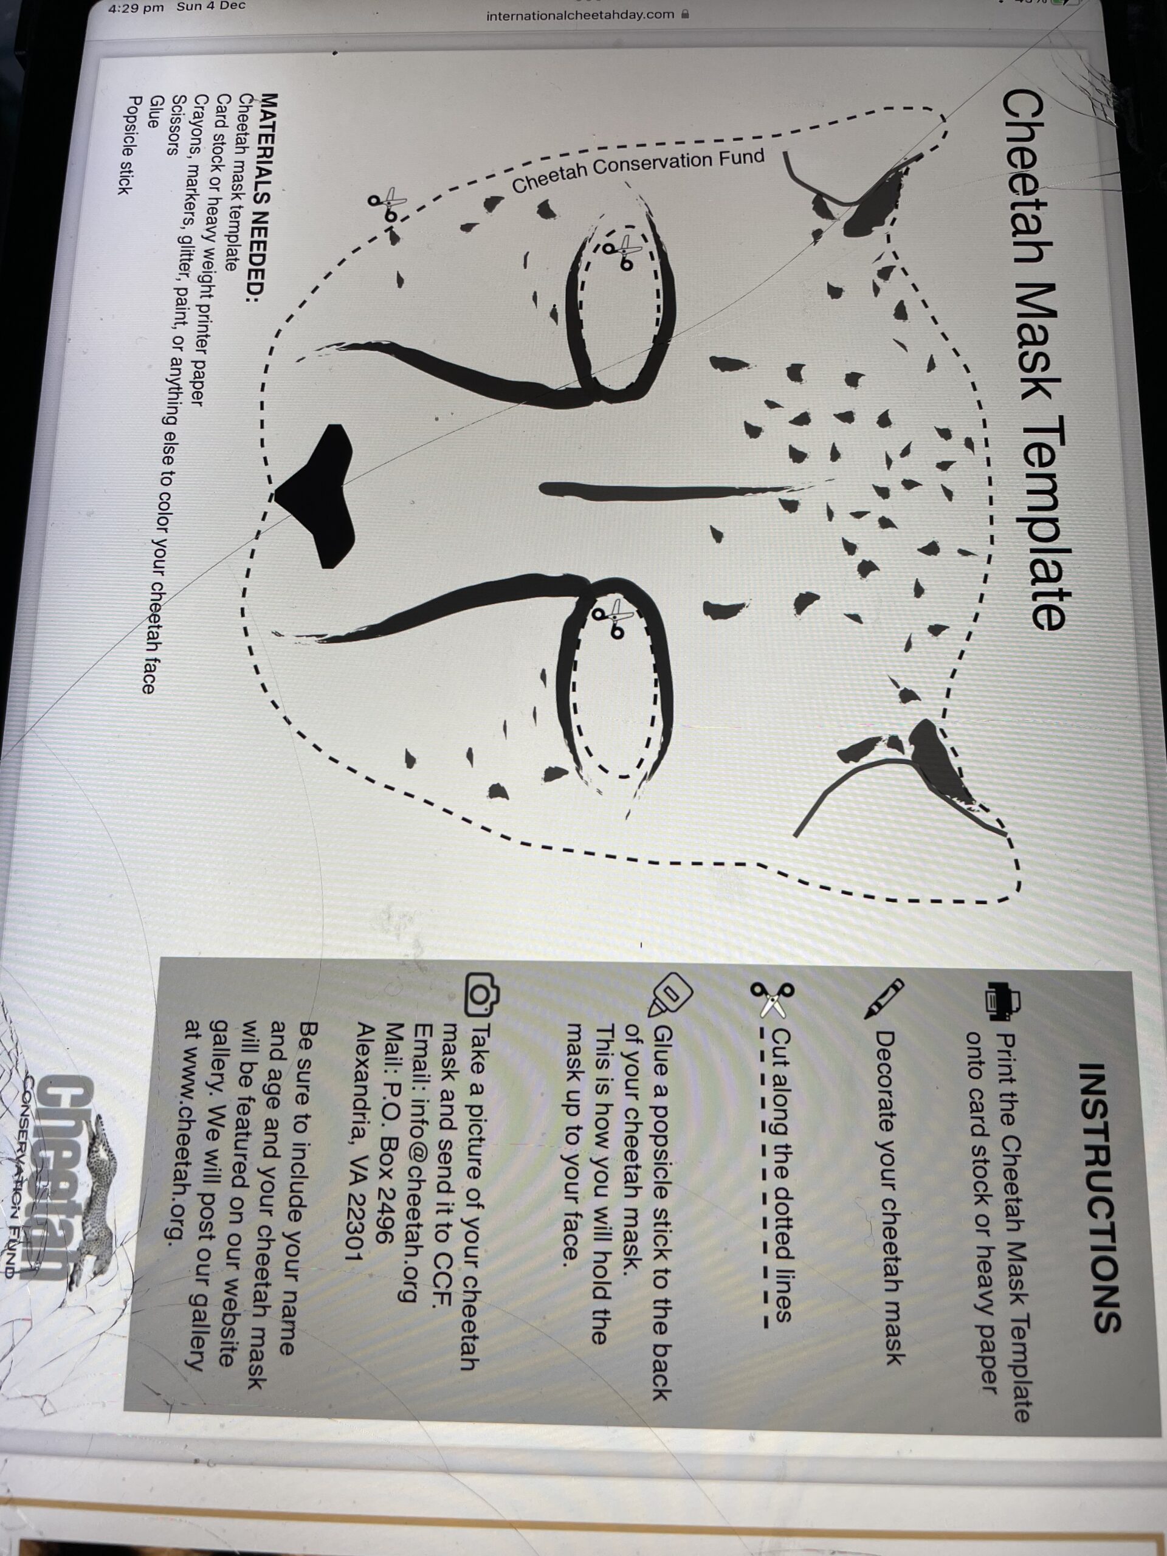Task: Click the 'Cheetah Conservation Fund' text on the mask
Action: [x=638, y=171]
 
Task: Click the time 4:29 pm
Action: [x=137, y=8]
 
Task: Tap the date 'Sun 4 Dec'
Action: [x=212, y=6]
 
